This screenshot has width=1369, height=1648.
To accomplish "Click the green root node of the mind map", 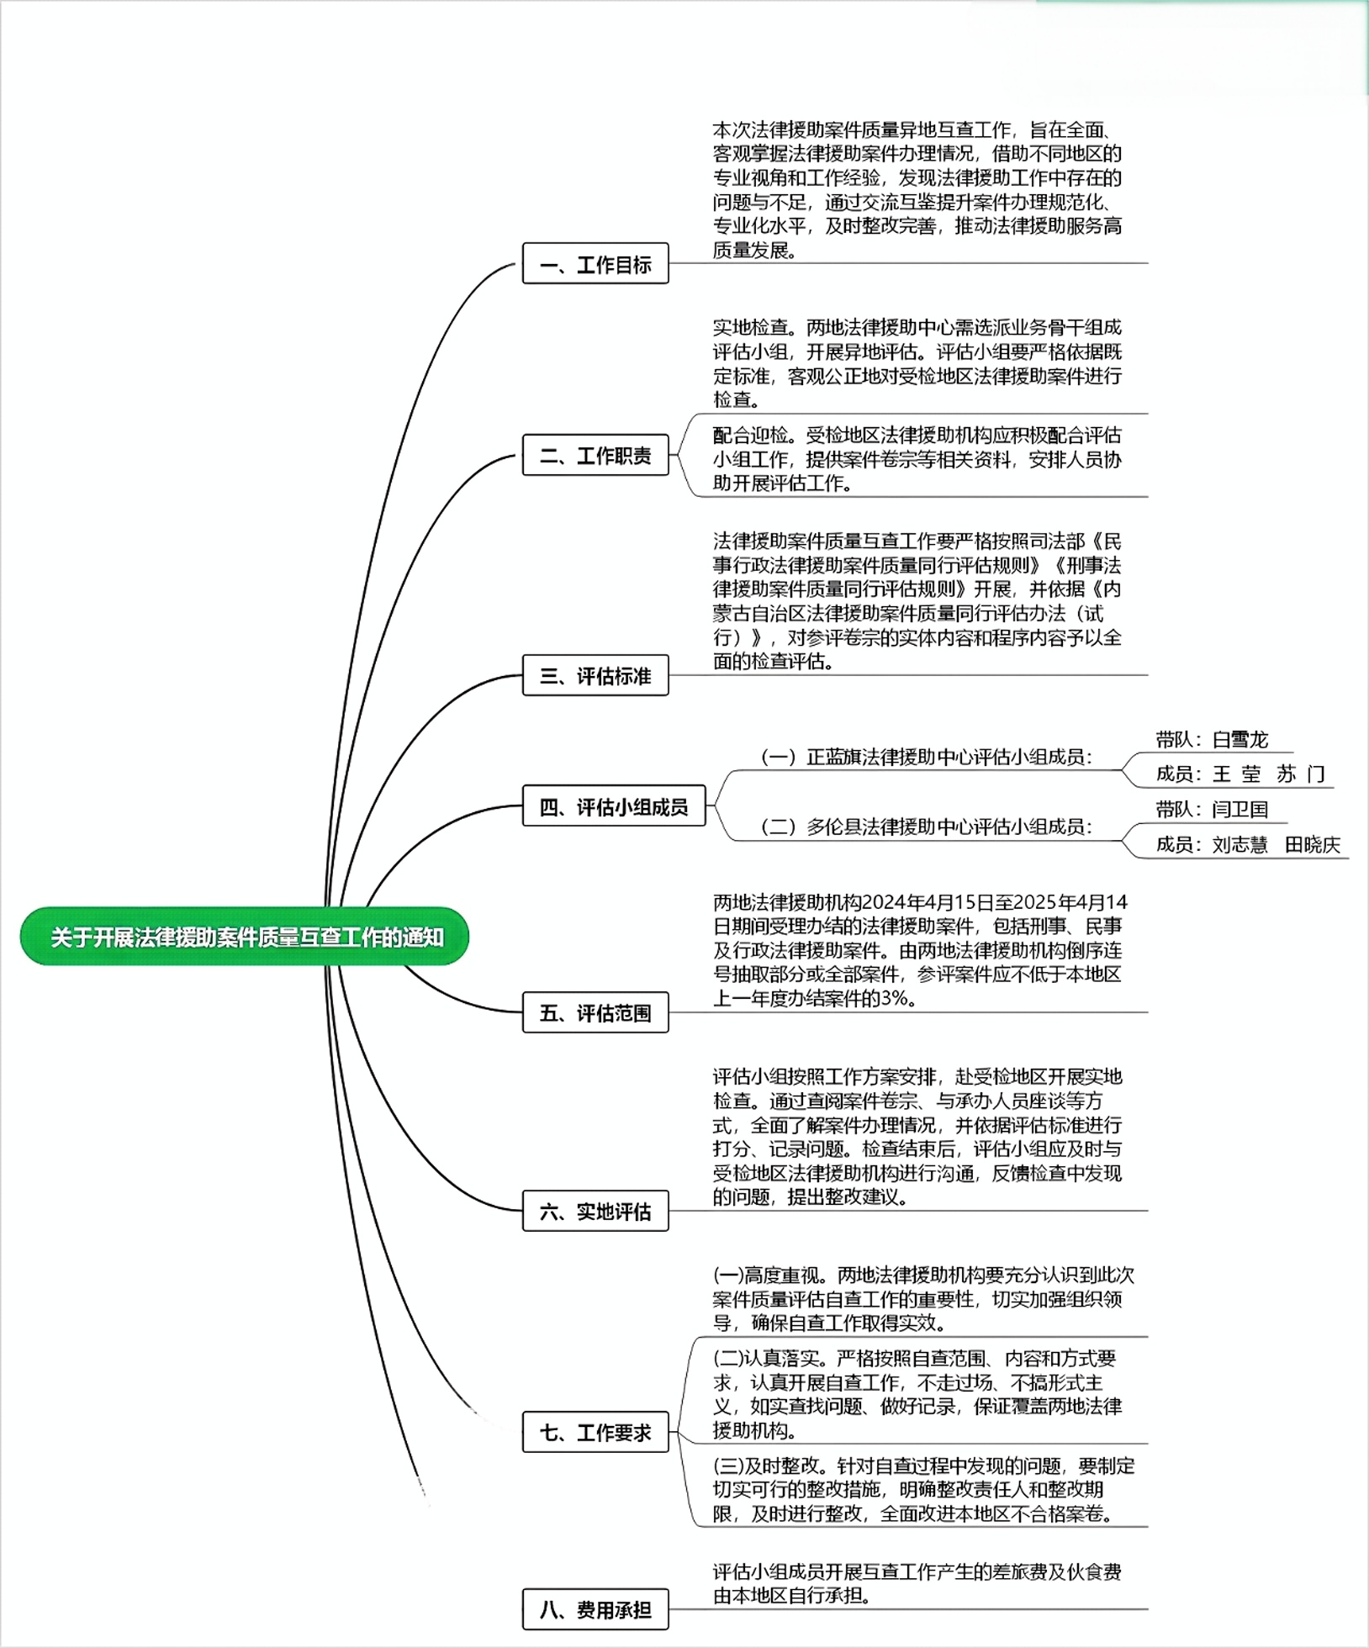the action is click(244, 936).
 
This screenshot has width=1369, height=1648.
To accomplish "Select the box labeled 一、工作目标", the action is click(595, 263).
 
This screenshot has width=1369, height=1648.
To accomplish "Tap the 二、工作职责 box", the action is click(595, 455).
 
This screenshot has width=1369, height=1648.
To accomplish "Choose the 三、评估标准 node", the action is click(595, 675).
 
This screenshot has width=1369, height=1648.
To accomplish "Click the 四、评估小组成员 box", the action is click(614, 806).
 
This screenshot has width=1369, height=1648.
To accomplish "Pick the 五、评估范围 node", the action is click(595, 1012).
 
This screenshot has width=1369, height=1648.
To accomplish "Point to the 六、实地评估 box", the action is click(595, 1211).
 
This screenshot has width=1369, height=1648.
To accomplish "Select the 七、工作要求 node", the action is click(595, 1432).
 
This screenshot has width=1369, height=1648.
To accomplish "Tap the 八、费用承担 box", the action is click(595, 1609).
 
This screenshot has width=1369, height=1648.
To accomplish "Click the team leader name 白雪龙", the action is click(1239, 740).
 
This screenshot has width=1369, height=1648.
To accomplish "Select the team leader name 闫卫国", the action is click(1239, 810).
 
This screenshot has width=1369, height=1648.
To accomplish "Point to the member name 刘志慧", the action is click(1239, 844).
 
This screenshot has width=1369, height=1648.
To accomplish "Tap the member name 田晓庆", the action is click(1312, 844).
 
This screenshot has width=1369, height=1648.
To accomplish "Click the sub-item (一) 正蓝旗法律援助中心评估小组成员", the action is click(926, 757).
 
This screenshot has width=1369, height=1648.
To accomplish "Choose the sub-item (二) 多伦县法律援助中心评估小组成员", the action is click(926, 827).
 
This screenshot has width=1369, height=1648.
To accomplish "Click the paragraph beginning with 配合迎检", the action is click(917, 459).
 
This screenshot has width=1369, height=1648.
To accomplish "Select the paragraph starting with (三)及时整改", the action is click(923, 1490).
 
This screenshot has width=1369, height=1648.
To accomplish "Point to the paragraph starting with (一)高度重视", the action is click(923, 1299).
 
